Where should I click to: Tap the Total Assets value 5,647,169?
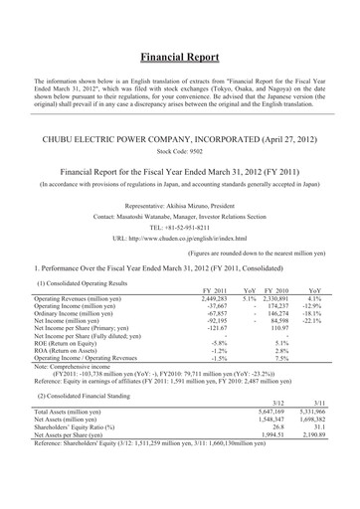pos(270,439)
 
